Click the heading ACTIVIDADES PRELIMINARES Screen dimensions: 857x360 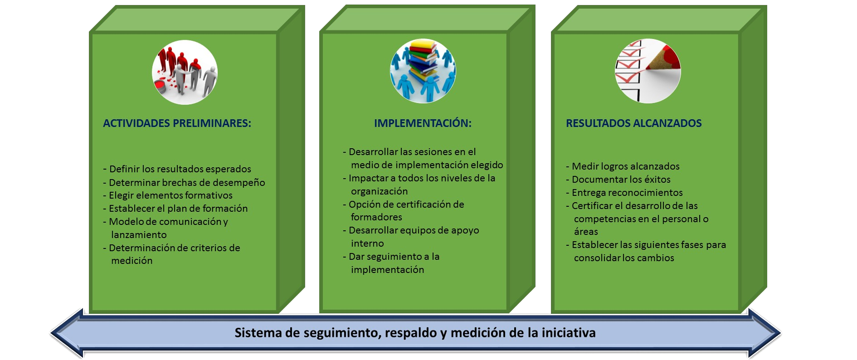click(x=177, y=123)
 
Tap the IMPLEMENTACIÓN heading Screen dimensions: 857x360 click(x=423, y=123)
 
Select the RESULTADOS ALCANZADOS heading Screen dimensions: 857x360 click(x=633, y=123)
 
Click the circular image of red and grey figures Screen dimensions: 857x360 click(x=185, y=72)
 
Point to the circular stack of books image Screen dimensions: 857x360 click(x=423, y=71)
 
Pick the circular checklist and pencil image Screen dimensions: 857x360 click(x=648, y=71)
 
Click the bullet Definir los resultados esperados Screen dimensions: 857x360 click(x=177, y=169)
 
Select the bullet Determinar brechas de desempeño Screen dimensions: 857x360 click(x=184, y=183)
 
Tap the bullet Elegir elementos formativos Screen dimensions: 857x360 click(x=168, y=195)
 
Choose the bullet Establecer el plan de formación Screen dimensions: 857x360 click(x=175, y=209)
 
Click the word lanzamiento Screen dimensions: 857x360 click(x=139, y=235)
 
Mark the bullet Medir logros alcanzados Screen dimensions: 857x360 click(x=623, y=166)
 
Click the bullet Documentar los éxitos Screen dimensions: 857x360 click(x=618, y=180)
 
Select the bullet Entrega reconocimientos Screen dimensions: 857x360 click(x=624, y=193)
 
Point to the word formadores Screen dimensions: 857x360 click(x=376, y=217)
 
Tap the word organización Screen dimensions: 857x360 click(x=379, y=191)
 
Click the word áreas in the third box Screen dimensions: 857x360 click(x=586, y=232)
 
